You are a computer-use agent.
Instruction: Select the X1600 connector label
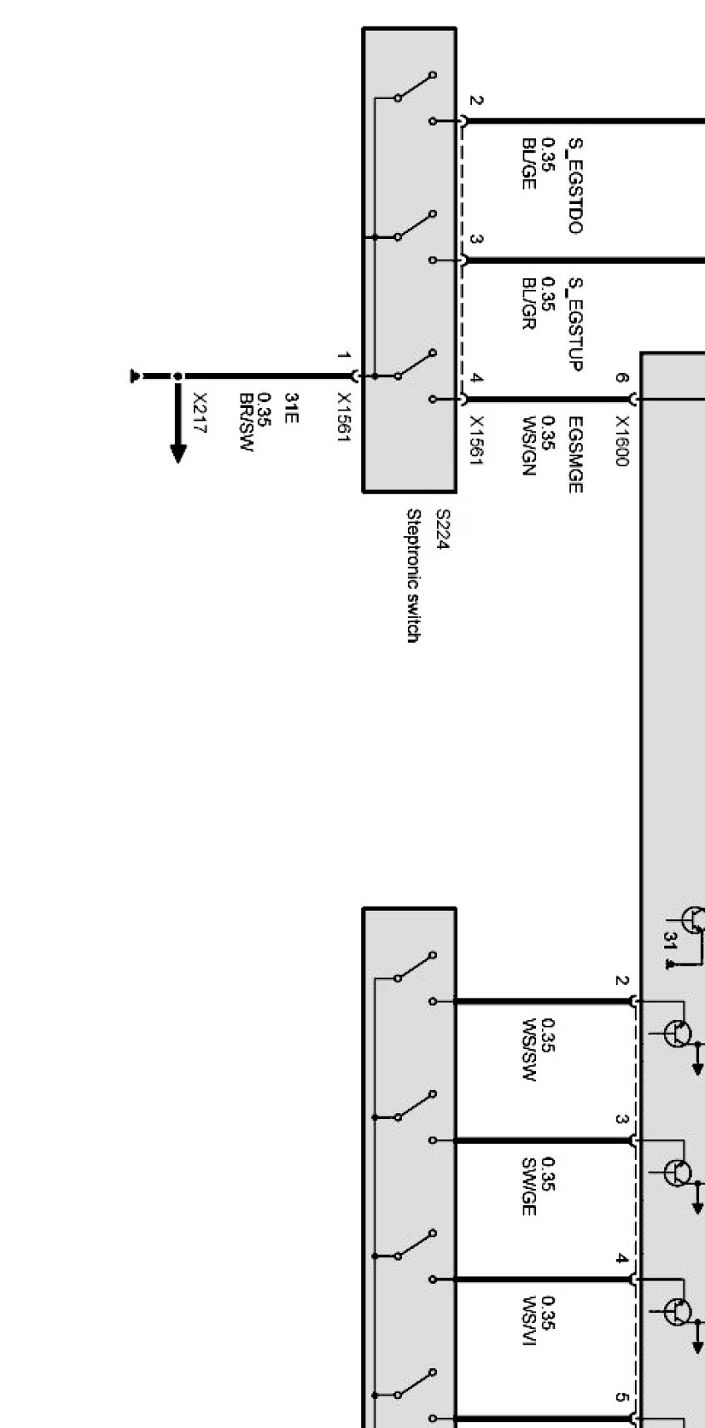point(621,441)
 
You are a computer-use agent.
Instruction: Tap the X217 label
point(200,414)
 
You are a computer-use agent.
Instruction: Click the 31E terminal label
point(290,408)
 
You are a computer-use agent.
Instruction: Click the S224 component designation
point(443,530)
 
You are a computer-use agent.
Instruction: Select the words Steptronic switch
point(413,575)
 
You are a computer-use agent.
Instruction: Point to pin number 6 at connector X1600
point(621,377)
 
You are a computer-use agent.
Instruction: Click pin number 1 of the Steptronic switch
point(342,356)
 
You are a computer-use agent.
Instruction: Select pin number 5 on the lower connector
point(621,1397)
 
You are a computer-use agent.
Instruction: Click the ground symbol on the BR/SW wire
point(135,376)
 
